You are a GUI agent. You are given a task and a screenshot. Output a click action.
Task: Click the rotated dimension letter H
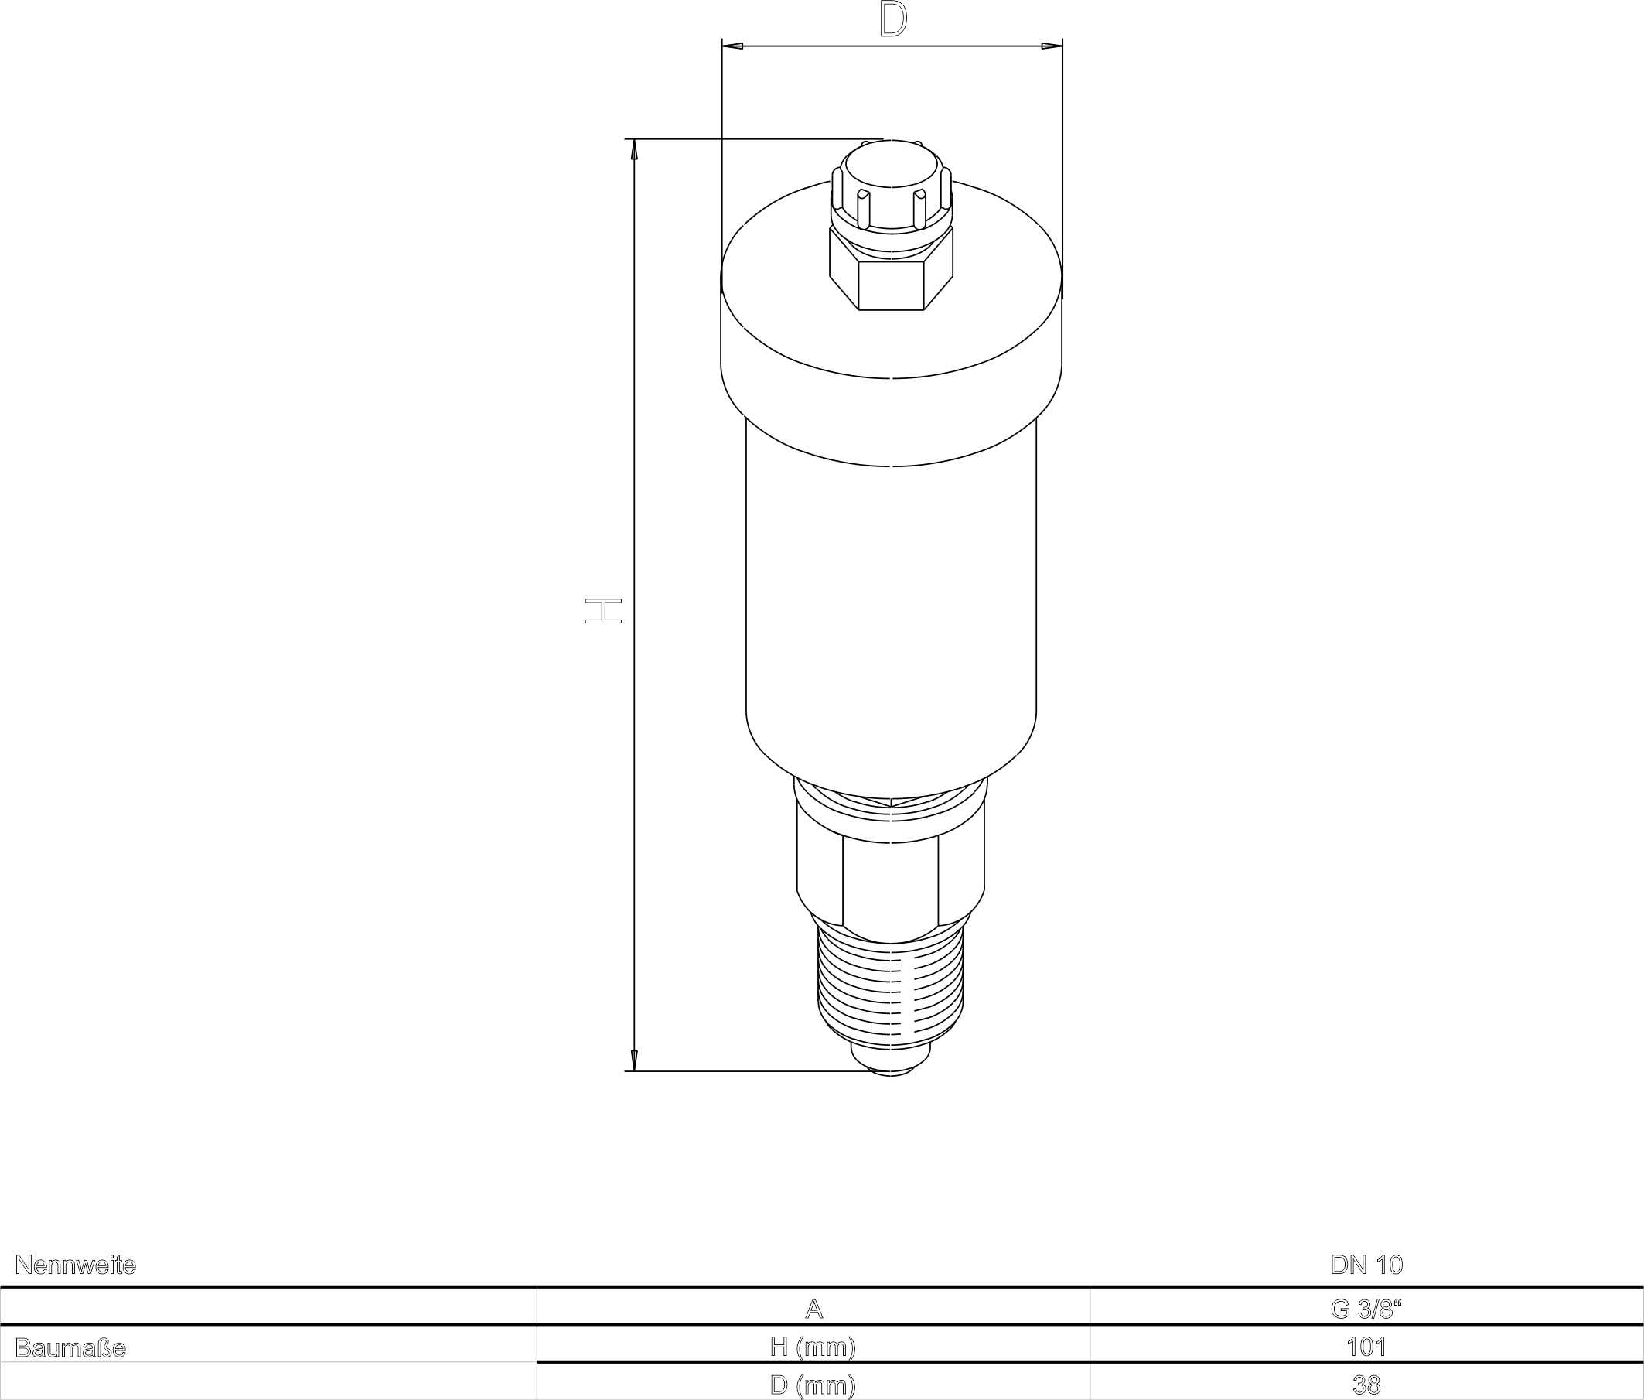pos(603,611)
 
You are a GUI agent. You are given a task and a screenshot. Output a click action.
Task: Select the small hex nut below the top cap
pos(891,282)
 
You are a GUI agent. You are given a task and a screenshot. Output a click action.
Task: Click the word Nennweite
pos(75,1265)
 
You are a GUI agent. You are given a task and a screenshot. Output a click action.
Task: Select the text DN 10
pos(1366,1265)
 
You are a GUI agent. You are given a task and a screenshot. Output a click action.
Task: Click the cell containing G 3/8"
pos(1366,1309)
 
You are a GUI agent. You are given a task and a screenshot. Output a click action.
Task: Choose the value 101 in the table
pos(1366,1347)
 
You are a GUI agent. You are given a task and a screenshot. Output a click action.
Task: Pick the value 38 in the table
pos(1366,1385)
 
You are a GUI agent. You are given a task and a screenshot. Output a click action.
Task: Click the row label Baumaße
pos(70,1348)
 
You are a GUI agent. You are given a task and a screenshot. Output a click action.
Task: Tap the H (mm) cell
pos(813,1347)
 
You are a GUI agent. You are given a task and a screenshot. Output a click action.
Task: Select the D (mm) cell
pos(813,1385)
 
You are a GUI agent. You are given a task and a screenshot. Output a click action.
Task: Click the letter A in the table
pos(813,1309)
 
